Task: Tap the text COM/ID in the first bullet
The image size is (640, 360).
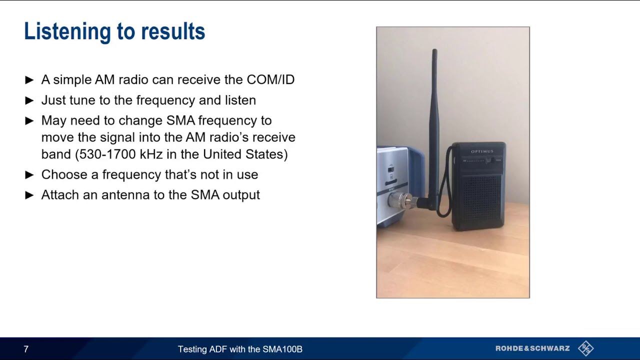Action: (270, 79)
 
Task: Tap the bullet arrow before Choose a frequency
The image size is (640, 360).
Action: (29, 174)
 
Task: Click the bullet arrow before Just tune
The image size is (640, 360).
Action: (29, 100)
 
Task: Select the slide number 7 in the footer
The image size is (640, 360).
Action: (26, 349)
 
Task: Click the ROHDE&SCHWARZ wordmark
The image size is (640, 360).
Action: (532, 348)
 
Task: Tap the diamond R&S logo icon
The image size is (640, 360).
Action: (585, 348)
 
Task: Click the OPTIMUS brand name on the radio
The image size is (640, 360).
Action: (482, 151)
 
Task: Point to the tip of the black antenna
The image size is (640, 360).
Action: (434, 51)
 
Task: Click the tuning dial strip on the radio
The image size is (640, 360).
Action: (477, 160)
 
